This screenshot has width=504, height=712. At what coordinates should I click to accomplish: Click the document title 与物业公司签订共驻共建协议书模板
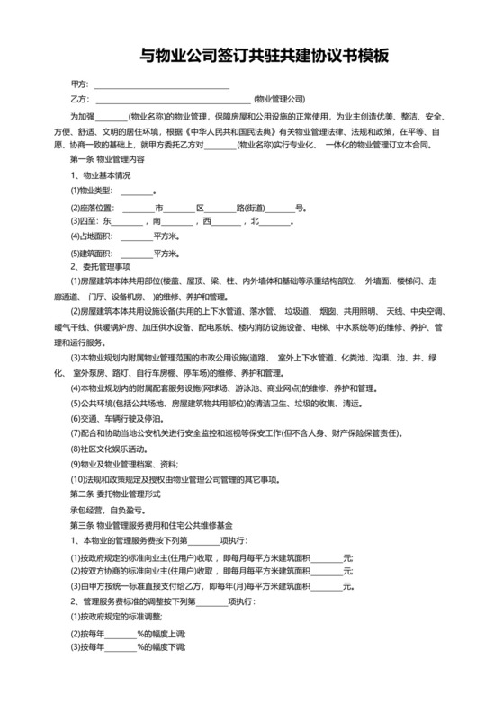coord(251,56)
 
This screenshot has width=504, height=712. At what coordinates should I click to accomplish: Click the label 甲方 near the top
coord(80,85)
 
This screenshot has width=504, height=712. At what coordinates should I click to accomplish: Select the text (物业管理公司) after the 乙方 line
coord(280,99)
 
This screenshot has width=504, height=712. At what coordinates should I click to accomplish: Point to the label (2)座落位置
coord(93,207)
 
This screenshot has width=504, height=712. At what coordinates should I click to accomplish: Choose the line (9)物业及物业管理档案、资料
coord(124,463)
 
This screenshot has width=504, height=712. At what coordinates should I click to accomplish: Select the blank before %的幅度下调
coord(120,646)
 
